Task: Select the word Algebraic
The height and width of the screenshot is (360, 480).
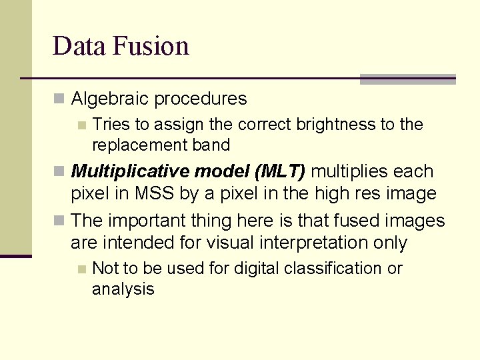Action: (110, 99)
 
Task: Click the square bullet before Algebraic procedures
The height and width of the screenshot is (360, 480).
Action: (59, 99)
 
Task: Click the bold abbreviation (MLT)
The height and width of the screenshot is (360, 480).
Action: (279, 171)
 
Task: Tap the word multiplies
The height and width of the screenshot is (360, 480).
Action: (350, 171)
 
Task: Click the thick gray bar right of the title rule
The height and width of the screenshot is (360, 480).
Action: (407, 79)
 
